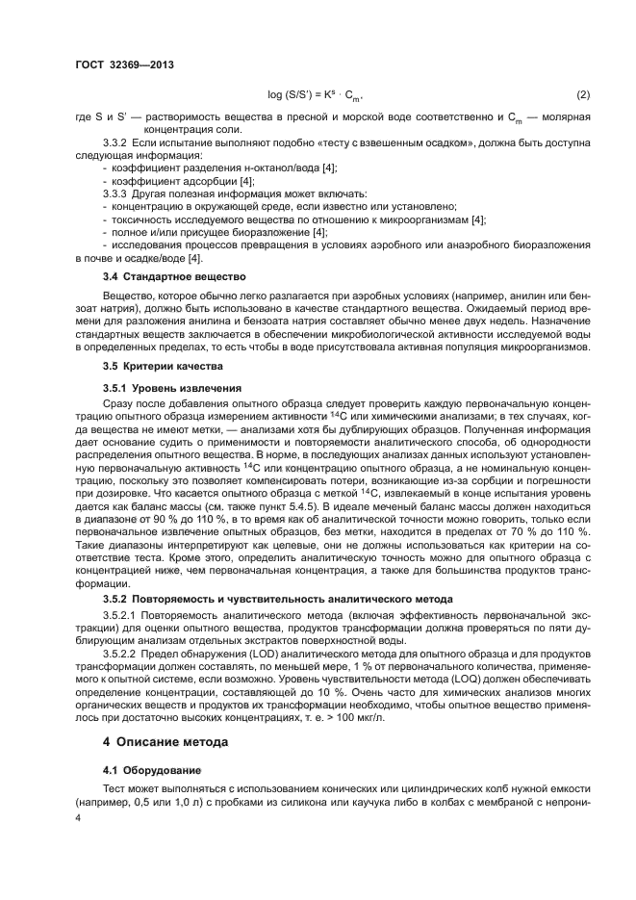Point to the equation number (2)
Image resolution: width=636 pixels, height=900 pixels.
[582, 94]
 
